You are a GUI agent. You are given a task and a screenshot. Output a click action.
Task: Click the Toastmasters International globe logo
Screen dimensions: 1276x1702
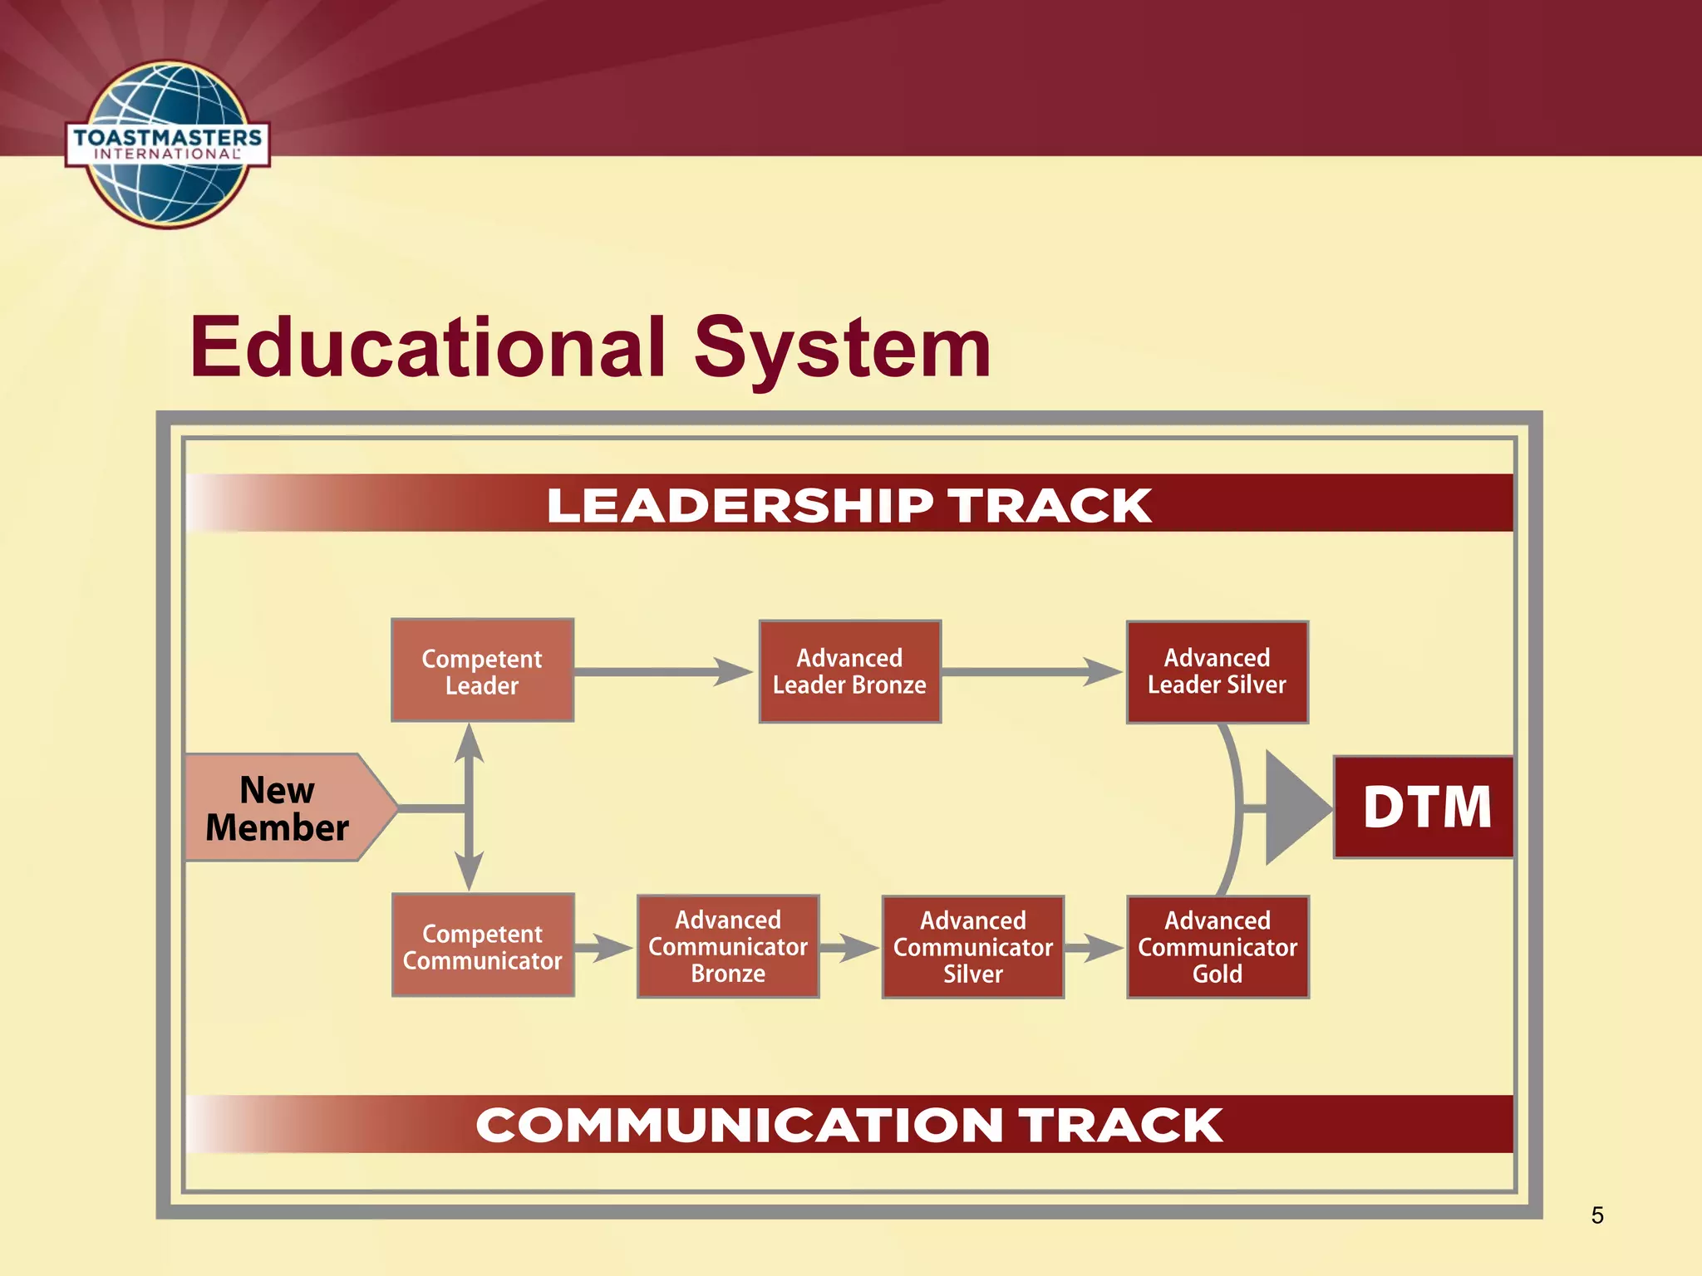[x=168, y=144]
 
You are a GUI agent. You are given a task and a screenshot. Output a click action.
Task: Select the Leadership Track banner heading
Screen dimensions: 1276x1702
[x=849, y=505]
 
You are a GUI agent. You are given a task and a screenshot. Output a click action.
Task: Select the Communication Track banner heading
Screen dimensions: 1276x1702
[x=849, y=1125]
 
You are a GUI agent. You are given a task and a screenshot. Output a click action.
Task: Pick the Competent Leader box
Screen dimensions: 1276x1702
[x=482, y=671]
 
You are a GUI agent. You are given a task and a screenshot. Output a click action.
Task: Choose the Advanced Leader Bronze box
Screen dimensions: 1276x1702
[x=849, y=671]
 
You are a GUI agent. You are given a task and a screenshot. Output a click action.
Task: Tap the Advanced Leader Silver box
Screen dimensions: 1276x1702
[x=1217, y=671]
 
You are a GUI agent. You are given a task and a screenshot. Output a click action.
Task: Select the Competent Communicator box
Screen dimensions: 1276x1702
[x=482, y=946]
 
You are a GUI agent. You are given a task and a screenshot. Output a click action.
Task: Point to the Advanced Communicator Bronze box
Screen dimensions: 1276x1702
[x=728, y=946]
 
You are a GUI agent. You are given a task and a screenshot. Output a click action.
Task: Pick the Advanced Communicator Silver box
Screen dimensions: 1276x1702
[x=972, y=947]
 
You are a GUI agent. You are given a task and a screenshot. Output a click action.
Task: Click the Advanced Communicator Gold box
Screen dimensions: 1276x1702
[x=1217, y=947]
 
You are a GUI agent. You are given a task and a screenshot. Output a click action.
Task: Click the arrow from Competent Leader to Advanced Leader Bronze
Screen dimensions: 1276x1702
[x=665, y=671]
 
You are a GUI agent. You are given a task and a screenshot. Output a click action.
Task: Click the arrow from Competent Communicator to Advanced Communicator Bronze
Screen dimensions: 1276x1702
[x=605, y=947]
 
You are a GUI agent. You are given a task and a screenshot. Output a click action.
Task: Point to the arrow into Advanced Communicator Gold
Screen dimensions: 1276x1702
[x=1095, y=947]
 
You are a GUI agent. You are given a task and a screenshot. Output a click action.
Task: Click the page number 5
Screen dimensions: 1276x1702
[x=1597, y=1215]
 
